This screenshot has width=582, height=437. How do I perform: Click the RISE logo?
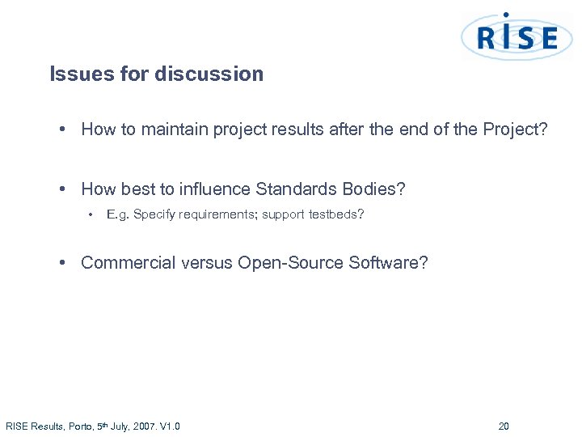(517, 37)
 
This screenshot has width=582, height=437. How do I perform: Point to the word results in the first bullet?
(294, 130)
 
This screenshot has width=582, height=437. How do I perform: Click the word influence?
(213, 189)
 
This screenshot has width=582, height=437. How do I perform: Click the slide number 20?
(504, 426)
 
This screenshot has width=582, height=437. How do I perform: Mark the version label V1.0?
(171, 426)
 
